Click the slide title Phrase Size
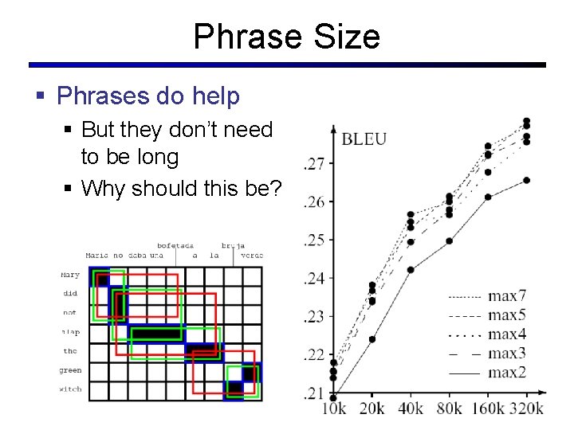point(286,36)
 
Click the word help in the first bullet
point(216,96)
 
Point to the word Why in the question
point(104,189)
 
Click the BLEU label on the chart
point(364,139)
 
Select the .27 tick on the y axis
point(313,164)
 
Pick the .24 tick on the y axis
point(313,279)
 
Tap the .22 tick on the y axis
point(313,354)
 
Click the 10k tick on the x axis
point(333,408)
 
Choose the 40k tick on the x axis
point(411,408)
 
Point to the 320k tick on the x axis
point(525,408)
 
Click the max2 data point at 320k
point(526,180)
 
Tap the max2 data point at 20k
point(372,339)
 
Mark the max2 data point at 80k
point(449,240)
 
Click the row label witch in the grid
point(71,389)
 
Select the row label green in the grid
point(71,370)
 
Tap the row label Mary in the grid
point(71,276)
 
